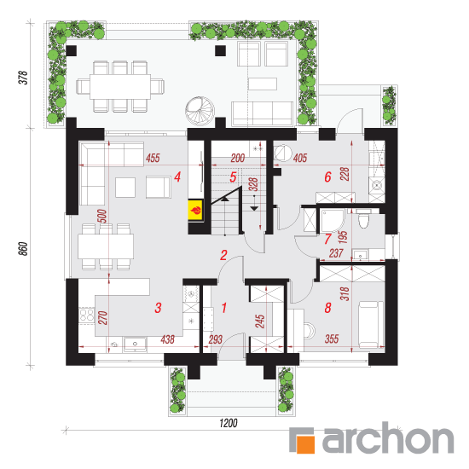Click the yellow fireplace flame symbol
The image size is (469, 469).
(x=196, y=211)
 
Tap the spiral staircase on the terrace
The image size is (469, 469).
(x=200, y=110)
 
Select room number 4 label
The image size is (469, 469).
(x=177, y=177)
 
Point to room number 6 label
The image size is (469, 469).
(x=327, y=177)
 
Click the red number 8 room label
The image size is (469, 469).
(x=327, y=308)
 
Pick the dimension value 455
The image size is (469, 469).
(x=153, y=158)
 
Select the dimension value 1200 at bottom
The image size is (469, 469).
(x=229, y=423)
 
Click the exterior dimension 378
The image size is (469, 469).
(x=24, y=78)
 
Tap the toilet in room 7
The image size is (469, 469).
(x=364, y=219)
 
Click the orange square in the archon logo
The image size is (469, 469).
(x=305, y=444)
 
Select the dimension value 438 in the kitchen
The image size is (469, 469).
(x=167, y=339)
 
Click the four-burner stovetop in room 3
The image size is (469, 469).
(x=86, y=315)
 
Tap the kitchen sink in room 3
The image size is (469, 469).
(x=136, y=345)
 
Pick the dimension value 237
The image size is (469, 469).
(x=336, y=253)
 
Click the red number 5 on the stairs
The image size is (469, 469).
(x=233, y=177)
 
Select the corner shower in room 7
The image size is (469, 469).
(x=333, y=222)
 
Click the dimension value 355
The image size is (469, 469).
(x=332, y=339)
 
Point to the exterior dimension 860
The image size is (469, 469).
(x=24, y=249)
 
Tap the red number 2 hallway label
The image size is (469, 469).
(x=223, y=255)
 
